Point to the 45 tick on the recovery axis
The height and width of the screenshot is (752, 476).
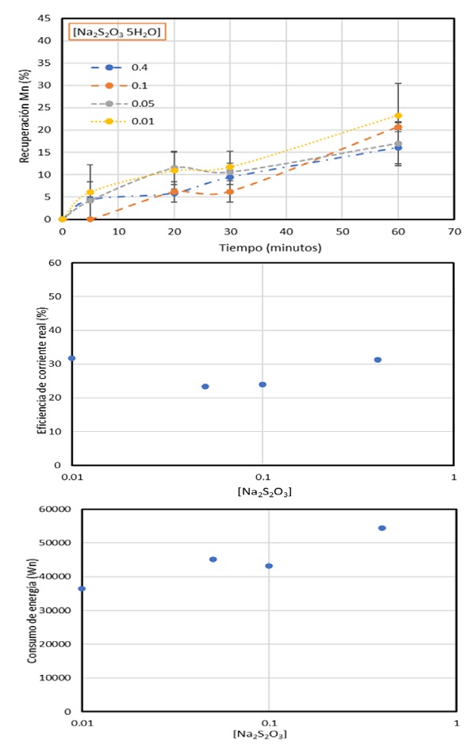point(45,18)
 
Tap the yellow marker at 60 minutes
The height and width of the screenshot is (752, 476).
point(398,116)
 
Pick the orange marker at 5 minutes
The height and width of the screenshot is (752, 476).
point(90,219)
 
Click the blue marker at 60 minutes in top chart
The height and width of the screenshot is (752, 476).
point(398,147)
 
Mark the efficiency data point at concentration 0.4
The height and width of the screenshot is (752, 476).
point(378,360)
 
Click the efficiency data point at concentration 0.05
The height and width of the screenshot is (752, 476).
point(205,387)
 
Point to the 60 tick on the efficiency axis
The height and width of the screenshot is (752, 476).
point(56,262)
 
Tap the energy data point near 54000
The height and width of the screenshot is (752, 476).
point(382,528)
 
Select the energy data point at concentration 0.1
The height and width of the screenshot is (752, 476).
point(269,566)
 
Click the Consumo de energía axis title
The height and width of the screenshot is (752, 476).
point(34,609)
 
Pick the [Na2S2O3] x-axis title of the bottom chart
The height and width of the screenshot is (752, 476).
point(260,734)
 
